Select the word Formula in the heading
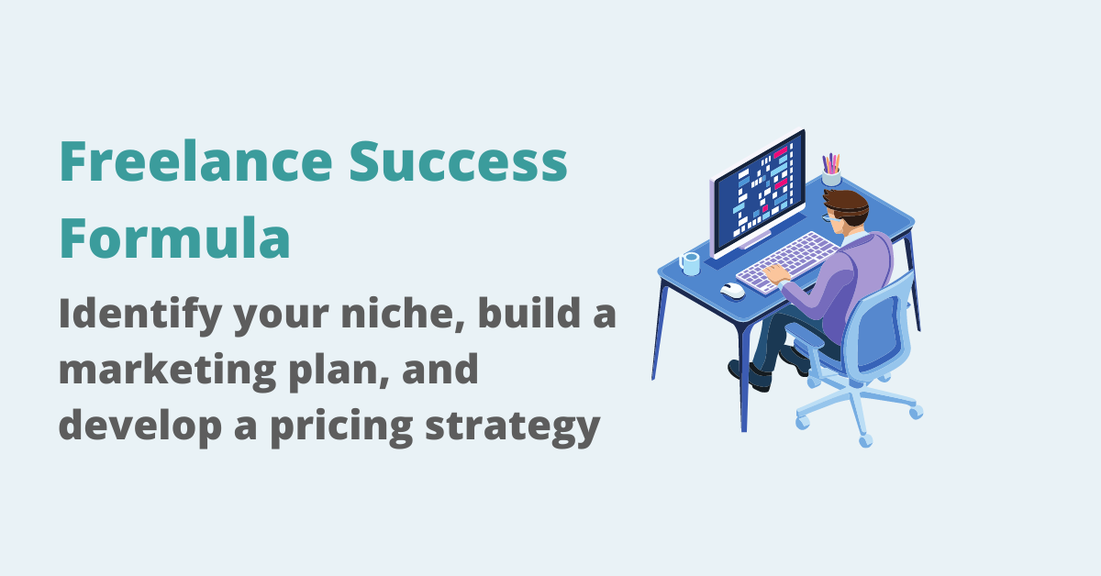174,240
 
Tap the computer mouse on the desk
732,291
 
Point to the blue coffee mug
690,263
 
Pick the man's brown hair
847,202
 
